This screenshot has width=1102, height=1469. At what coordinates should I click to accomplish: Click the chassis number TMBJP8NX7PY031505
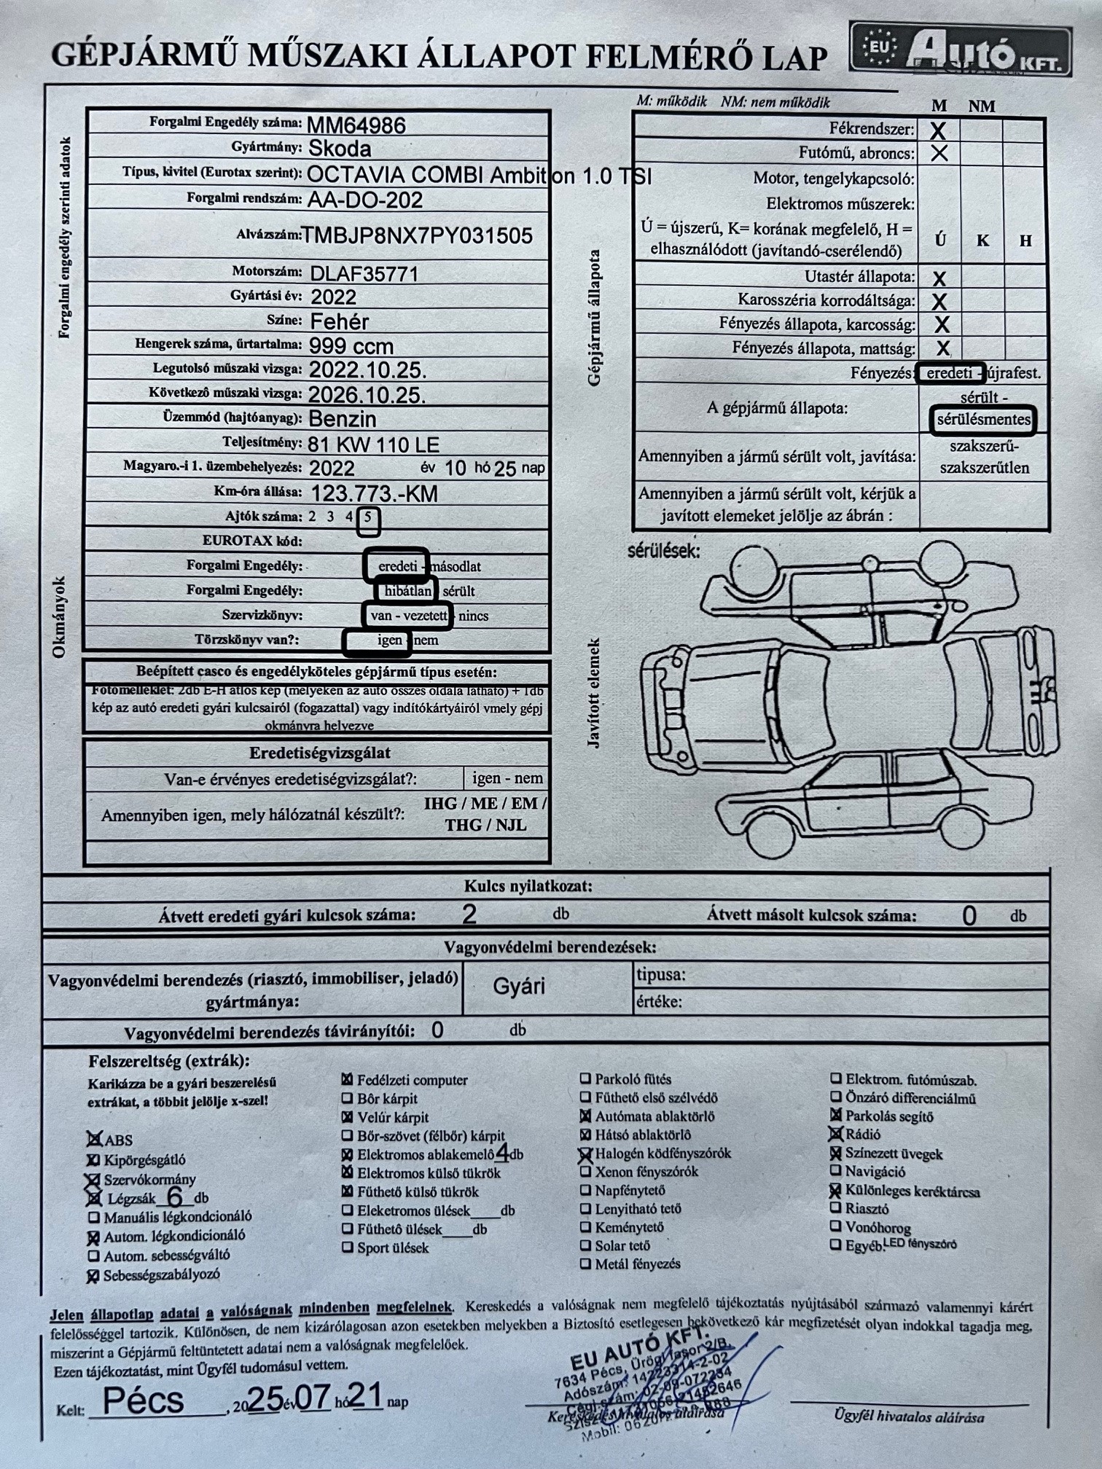[x=417, y=235]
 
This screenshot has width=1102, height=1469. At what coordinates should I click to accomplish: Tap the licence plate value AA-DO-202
[x=365, y=200]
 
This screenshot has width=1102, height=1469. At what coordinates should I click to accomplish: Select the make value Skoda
[x=340, y=149]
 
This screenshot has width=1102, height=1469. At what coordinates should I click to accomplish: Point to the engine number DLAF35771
[x=364, y=274]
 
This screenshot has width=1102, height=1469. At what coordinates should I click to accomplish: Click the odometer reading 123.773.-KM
[x=375, y=494]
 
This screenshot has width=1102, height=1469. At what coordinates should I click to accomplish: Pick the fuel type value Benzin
[x=343, y=419]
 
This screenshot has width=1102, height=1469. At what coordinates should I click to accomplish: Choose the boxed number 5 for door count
[x=369, y=518]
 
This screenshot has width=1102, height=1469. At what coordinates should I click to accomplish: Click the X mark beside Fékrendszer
[x=939, y=131]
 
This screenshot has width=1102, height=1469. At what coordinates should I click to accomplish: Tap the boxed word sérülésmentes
[x=983, y=420]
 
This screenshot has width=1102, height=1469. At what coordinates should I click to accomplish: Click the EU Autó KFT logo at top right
[x=961, y=50]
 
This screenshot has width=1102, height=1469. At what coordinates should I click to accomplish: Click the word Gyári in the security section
[x=519, y=987]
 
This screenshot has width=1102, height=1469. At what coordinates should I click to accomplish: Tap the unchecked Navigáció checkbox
[x=836, y=1172]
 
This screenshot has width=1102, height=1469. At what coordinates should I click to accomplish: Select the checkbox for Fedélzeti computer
[x=348, y=1080]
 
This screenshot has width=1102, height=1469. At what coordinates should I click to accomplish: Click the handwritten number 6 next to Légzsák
[x=174, y=1196]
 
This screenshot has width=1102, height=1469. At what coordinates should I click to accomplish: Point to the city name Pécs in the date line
[x=144, y=1400]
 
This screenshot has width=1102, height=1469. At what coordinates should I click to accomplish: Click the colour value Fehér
[x=340, y=321]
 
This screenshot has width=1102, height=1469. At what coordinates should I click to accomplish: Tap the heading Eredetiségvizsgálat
[x=320, y=753]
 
